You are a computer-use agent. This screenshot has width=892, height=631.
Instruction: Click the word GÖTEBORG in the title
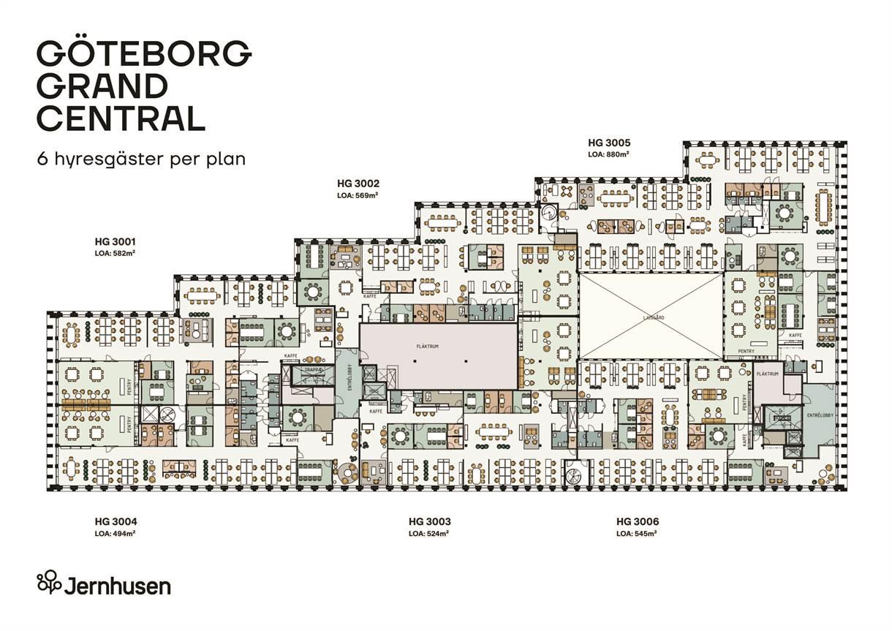pyautogui.click(x=144, y=53)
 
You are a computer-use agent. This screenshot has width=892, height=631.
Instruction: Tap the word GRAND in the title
pyautogui.click(x=102, y=86)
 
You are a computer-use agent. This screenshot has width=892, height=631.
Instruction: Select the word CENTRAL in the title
pyautogui.click(x=121, y=118)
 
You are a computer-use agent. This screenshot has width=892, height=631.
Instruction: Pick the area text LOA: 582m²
pyautogui.click(x=115, y=252)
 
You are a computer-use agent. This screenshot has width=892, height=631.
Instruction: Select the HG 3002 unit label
pyautogui.click(x=358, y=183)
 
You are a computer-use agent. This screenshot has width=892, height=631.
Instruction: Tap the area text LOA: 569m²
pyautogui.click(x=358, y=195)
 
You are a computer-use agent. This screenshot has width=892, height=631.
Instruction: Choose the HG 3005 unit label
pyautogui.click(x=609, y=143)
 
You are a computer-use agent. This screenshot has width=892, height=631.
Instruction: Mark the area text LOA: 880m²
pyautogui.click(x=609, y=154)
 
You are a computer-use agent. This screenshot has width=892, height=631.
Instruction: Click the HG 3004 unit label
pyautogui.click(x=116, y=521)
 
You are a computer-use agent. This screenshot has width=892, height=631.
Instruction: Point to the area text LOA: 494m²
pyautogui.click(x=115, y=534)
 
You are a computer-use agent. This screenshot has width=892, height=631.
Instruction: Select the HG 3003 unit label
pyautogui.click(x=429, y=521)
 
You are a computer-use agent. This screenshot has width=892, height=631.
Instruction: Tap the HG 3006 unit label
pyautogui.click(x=638, y=521)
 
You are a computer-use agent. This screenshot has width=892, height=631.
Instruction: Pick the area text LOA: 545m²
pyautogui.click(x=636, y=534)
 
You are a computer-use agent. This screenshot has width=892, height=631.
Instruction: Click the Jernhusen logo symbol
pyautogui.click(x=49, y=582)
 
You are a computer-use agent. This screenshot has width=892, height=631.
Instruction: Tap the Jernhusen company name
pyautogui.click(x=118, y=586)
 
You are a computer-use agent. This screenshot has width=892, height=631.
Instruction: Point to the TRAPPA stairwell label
pyautogui.click(x=303, y=369)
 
